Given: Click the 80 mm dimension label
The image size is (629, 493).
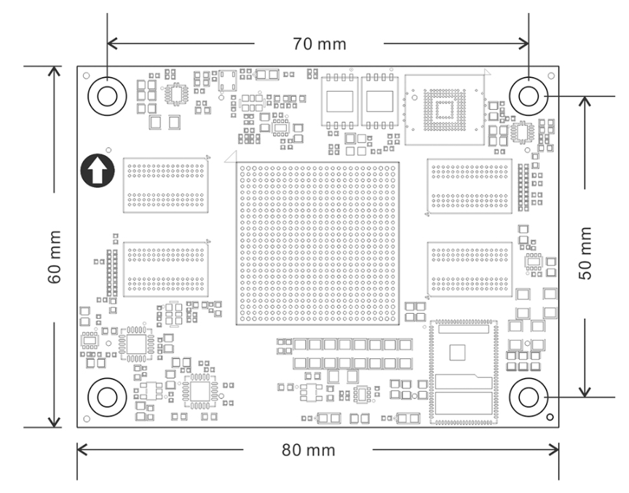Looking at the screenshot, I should (x=309, y=450).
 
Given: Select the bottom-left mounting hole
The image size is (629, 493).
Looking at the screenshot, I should (x=106, y=397).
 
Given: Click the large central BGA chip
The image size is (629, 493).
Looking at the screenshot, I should (x=317, y=242).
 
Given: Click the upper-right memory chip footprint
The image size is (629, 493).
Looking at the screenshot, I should (x=469, y=186).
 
